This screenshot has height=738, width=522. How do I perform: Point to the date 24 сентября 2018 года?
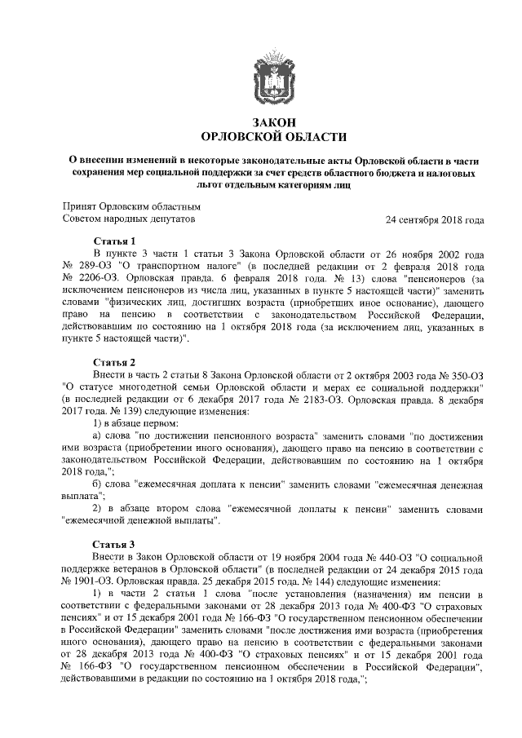point(435,219)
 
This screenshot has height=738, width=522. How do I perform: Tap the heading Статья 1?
point(114,242)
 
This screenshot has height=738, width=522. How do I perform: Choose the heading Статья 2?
point(114,361)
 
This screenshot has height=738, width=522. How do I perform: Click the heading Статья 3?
point(114,544)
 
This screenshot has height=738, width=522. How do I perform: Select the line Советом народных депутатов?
point(129,219)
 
